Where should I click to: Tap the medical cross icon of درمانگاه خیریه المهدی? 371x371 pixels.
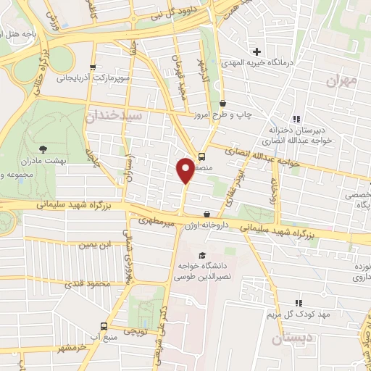[257, 51]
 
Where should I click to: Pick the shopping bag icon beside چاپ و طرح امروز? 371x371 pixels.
[222, 104]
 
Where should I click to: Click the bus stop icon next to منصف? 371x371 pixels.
[201, 155]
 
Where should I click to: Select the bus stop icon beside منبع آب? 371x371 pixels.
[104, 326]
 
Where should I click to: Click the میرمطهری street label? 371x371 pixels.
[157, 221]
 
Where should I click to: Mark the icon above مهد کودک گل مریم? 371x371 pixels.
[298, 303]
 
